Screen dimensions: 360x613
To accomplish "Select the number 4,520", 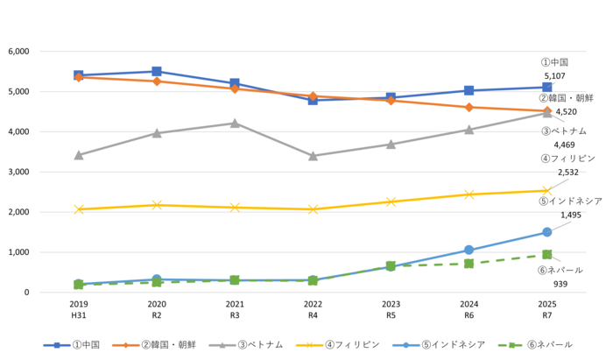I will click(x=566, y=112).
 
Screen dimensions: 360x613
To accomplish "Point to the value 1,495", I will click(x=571, y=215).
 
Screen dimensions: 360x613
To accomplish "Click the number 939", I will click(x=560, y=284).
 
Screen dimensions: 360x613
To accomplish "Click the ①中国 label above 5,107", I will click(x=554, y=62).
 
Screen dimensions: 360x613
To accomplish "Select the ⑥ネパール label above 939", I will click(x=560, y=270).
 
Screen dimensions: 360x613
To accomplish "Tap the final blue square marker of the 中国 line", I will click(x=547, y=87).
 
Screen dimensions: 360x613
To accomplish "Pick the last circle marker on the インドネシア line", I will click(x=547, y=232).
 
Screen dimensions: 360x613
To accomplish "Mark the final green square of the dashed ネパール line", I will click(x=547, y=254).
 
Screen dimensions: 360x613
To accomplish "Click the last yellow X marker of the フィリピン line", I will click(x=547, y=190).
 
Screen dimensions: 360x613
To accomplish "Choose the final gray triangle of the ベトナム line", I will click(x=547, y=112).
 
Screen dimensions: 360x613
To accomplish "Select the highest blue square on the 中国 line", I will click(x=157, y=71).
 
